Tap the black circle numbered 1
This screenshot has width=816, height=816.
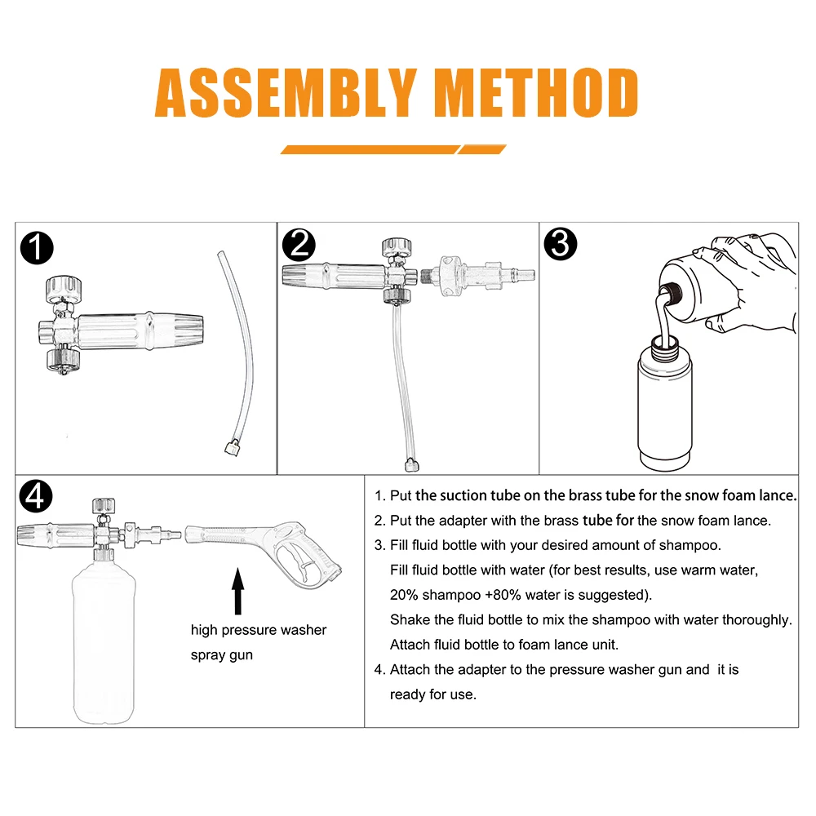(x=37, y=248)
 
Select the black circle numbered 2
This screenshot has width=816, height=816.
(x=299, y=245)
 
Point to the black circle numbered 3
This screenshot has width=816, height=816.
(x=561, y=243)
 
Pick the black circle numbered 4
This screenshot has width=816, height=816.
(x=36, y=496)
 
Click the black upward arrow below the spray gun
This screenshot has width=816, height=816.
(x=237, y=591)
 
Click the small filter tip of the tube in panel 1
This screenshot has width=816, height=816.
(x=232, y=447)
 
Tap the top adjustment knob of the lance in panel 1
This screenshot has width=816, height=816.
(x=64, y=290)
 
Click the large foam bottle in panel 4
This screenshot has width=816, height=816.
(x=104, y=640)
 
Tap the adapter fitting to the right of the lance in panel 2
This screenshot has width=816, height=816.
(x=477, y=275)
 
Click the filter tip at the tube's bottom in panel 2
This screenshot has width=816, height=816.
(x=411, y=465)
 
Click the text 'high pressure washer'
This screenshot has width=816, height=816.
(x=259, y=630)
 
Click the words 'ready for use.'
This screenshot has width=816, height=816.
(x=433, y=694)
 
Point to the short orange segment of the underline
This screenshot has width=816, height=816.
(x=482, y=149)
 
